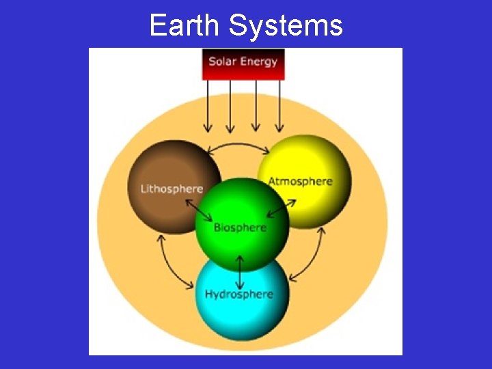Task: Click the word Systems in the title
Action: tap(286, 26)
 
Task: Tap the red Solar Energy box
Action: tap(243, 64)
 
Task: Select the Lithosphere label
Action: tap(172, 189)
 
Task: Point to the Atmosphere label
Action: tap(300, 182)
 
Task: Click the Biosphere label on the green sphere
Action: tap(240, 228)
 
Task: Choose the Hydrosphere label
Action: tap(239, 295)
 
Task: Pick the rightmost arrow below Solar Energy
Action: tap(279, 106)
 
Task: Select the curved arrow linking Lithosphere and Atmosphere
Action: tap(238, 146)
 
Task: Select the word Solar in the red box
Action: tap(222, 61)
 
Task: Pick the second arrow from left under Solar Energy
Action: tap(230, 106)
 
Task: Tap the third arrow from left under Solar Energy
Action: tap(255, 106)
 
